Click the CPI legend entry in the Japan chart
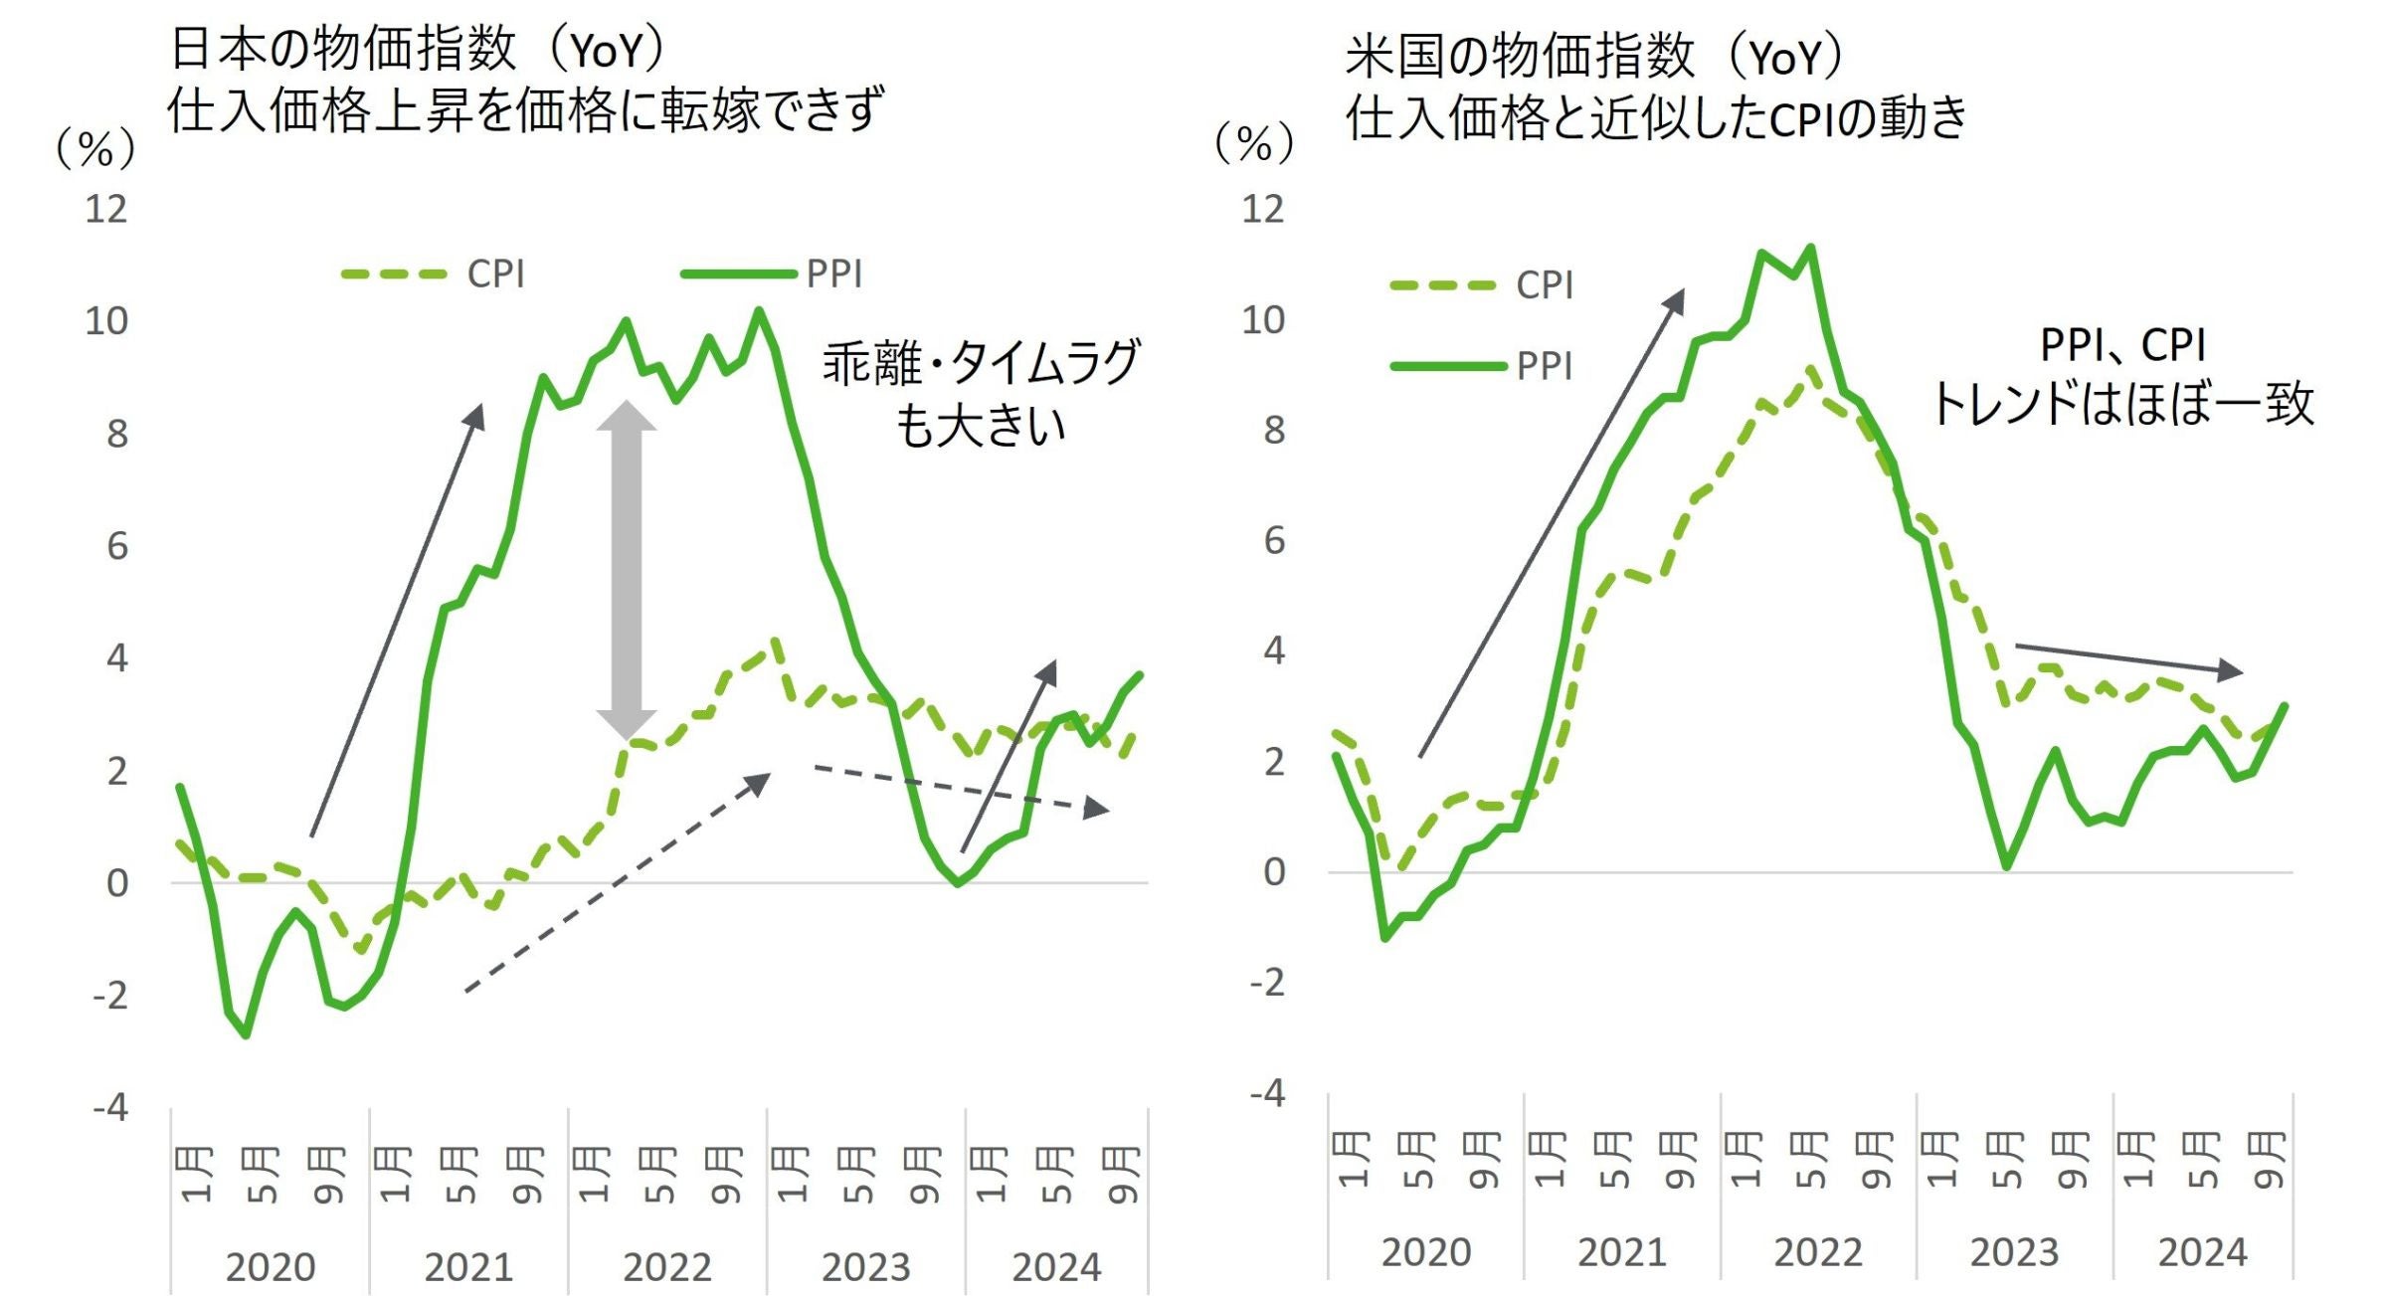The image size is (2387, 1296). point(494,274)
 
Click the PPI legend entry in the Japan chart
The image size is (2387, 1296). point(833,274)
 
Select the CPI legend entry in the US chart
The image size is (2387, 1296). point(1544,285)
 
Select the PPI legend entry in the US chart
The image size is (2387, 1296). point(1544,366)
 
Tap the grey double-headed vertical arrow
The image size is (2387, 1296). point(626,569)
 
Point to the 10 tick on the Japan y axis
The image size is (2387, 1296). point(106,321)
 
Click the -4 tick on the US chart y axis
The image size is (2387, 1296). point(1267,1093)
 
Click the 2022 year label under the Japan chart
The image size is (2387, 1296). point(666,1267)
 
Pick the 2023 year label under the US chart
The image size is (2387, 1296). point(2014,1252)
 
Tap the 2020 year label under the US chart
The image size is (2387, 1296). point(1425,1252)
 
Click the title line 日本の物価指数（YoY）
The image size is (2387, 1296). point(418,50)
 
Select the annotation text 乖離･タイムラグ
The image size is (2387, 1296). point(980,363)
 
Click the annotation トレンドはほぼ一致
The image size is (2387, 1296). point(2122,404)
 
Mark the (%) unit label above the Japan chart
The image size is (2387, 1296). point(94,149)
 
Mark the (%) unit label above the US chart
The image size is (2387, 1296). point(1253,144)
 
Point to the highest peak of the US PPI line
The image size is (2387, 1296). point(1811,248)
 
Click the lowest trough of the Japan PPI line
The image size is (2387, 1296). point(246,1035)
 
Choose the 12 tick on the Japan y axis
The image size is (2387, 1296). point(106,209)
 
